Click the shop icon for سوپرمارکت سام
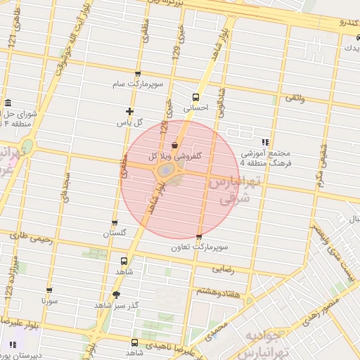pos(137,74)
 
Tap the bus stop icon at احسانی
pos(195,98)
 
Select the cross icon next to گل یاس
pos(129,111)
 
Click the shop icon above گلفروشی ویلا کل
pos(174,145)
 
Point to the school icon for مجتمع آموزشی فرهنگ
pos(265,141)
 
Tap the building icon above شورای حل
pos(8,102)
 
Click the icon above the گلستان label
pos(115,223)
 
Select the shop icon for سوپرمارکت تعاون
pos(199,238)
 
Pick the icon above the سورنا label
pos(49,290)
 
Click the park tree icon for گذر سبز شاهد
pos(115,295)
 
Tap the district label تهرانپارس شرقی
pos(234,190)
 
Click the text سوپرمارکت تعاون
pos(200,248)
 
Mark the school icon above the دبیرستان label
pos(13,345)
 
